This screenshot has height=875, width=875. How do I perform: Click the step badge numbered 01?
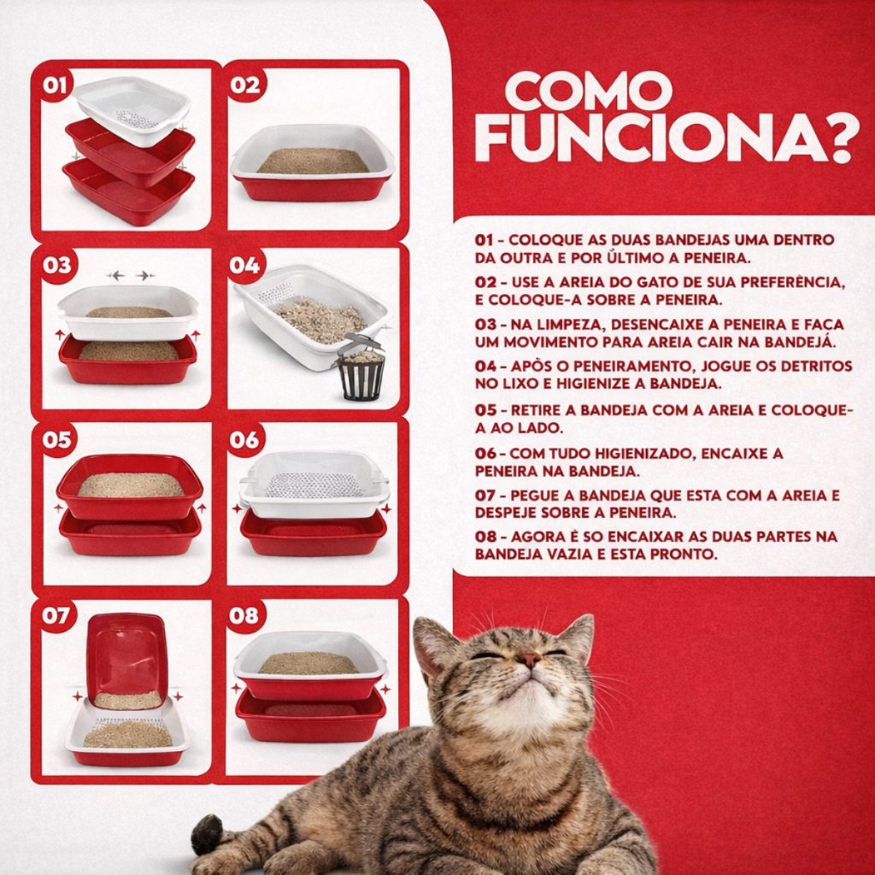[x=55, y=85]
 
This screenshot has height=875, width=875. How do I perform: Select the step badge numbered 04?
[x=244, y=265]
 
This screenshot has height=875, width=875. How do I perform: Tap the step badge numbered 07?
[x=56, y=616]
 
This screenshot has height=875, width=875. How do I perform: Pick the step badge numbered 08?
[x=244, y=616]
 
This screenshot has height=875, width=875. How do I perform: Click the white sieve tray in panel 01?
[x=132, y=111]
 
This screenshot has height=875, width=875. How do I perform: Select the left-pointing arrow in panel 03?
[x=116, y=275]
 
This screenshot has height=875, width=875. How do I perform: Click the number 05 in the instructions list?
[x=485, y=410]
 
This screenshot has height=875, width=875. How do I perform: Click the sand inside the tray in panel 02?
[x=313, y=161]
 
